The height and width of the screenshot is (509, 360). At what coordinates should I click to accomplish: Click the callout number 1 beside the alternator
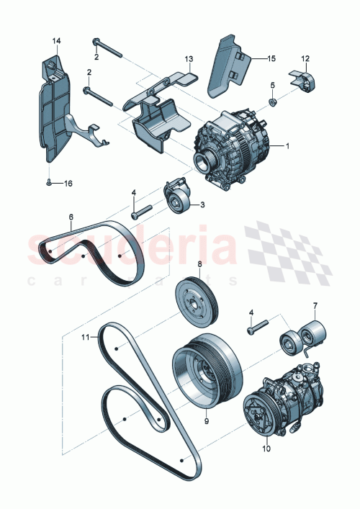tap(287, 146)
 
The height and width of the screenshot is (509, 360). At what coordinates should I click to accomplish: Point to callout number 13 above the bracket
tap(189, 58)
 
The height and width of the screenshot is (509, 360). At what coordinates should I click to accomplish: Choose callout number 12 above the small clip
tap(305, 58)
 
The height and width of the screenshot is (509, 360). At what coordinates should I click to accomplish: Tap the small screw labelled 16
tap(47, 184)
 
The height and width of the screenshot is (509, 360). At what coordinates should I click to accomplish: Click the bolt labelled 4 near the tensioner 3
tap(140, 212)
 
